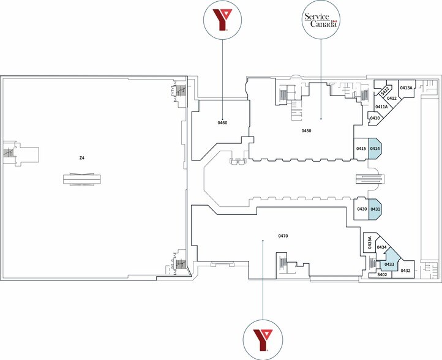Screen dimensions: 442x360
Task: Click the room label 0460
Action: click(222, 122)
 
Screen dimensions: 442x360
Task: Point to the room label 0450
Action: click(307, 130)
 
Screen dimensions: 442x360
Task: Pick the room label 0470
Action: click(283, 236)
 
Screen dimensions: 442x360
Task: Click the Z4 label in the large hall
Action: click(82, 158)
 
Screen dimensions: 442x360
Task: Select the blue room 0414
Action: click(375, 149)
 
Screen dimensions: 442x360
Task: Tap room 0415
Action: click(361, 149)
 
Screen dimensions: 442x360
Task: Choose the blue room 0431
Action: click(375, 209)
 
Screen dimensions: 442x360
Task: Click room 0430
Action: click(362, 209)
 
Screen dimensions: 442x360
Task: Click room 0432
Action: click(404, 270)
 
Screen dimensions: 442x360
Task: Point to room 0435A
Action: click(370, 242)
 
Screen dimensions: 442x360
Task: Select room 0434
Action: click(381, 248)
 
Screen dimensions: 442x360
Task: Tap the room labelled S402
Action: click(382, 274)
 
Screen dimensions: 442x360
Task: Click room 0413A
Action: click(406, 89)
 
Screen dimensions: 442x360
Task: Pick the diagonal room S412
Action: click(385, 91)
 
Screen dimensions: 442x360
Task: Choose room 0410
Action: click(375, 118)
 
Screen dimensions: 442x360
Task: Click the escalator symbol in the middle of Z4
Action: click(82, 179)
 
